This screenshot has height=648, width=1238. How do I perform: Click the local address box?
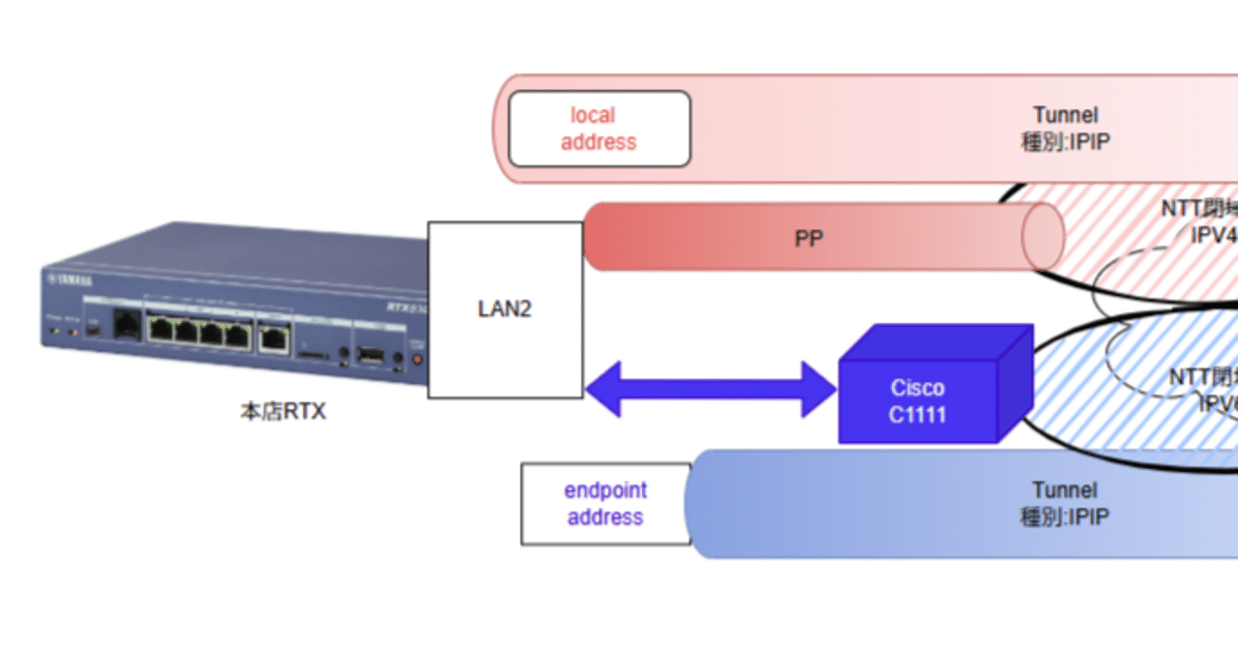tap(599, 129)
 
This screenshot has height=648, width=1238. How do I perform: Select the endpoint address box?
tap(605, 504)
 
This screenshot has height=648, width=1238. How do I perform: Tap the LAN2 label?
tap(505, 309)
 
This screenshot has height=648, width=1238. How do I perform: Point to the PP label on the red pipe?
tap(809, 238)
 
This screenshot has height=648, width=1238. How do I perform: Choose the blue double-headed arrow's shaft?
tap(711, 389)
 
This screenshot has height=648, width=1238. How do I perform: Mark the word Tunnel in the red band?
tap(1065, 115)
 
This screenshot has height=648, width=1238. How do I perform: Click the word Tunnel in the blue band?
tap(1064, 490)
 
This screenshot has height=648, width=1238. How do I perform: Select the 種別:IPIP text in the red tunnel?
tap(1065, 142)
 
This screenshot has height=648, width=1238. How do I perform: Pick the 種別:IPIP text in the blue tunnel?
tap(1064, 517)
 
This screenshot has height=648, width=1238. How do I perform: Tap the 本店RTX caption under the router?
tap(283, 411)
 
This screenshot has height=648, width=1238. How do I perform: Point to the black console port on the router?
tap(126, 325)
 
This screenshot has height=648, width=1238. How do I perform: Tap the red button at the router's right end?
tap(418, 360)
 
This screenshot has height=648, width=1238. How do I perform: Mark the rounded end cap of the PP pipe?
tap(1044, 238)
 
